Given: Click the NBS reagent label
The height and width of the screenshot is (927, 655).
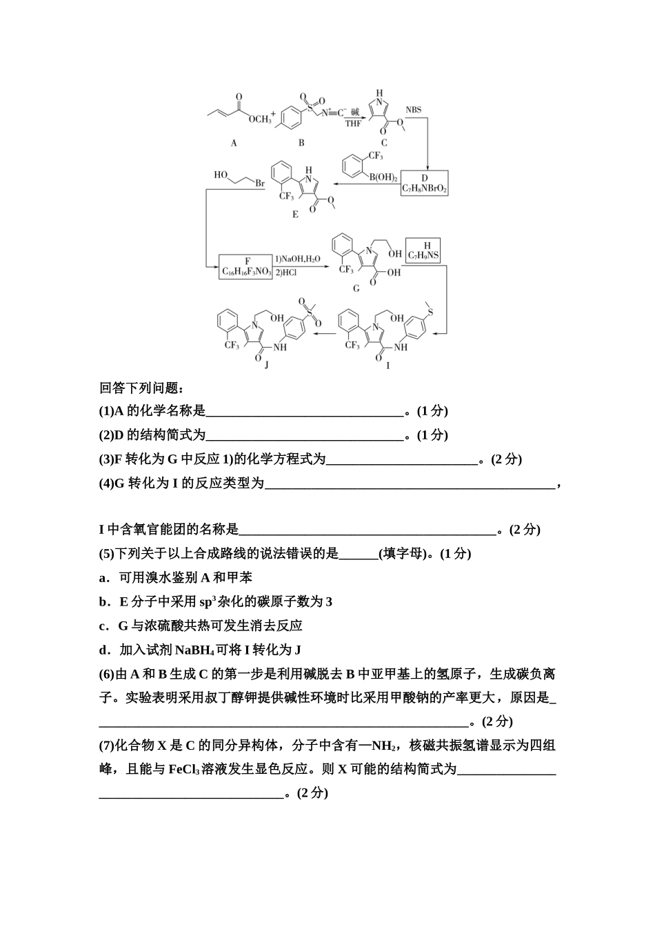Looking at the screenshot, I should click(x=413, y=110).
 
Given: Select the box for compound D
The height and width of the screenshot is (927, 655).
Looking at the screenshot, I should click(x=425, y=183).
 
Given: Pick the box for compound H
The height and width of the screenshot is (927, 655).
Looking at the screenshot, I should click(x=424, y=250).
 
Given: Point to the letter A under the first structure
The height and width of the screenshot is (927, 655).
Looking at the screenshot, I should click(x=234, y=143).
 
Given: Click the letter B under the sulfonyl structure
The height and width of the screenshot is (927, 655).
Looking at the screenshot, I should click(x=301, y=143).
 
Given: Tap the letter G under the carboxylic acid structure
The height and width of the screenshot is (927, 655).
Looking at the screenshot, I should click(x=356, y=288).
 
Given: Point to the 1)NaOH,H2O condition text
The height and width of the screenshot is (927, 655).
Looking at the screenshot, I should click(x=298, y=259).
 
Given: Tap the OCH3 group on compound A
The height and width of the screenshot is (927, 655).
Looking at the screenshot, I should click(x=260, y=119).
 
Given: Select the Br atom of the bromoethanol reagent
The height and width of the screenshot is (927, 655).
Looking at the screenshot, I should click(x=260, y=184).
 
